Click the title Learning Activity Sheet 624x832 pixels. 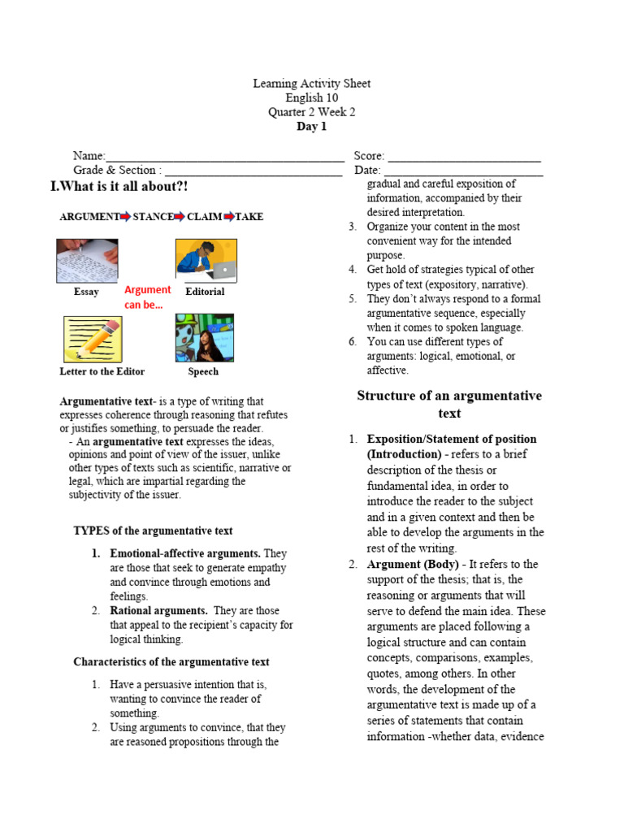click(x=311, y=84)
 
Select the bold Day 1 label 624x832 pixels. click(x=311, y=127)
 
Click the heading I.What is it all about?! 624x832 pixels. click(x=119, y=187)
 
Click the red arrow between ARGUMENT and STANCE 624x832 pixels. click(x=126, y=217)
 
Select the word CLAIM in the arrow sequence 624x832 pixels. click(x=204, y=217)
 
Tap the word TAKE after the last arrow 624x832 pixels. click(x=249, y=217)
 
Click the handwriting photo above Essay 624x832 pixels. click(x=87, y=260)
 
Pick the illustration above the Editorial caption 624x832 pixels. click(x=206, y=260)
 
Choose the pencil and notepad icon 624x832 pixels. click(x=92, y=339)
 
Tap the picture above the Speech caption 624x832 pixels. click(x=204, y=338)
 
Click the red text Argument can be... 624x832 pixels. click(x=147, y=297)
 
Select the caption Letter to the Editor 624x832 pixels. click(x=102, y=371)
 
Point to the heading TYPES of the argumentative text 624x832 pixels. click(x=153, y=531)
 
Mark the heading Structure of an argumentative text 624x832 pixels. click(x=449, y=404)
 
